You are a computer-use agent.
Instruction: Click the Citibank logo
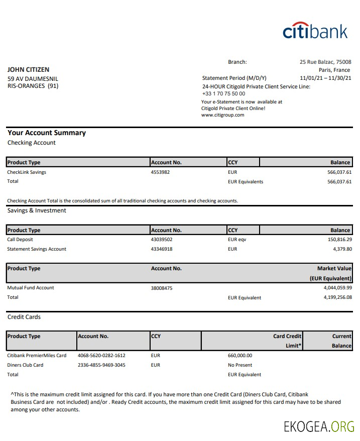click(315, 31)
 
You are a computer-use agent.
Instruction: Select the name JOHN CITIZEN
click(28, 70)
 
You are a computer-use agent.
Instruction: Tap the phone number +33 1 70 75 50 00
click(223, 93)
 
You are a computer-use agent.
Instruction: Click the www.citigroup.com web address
click(222, 115)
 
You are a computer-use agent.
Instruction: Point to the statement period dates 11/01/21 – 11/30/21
click(325, 78)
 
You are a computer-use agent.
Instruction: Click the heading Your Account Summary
click(47, 133)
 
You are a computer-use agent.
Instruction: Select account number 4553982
click(160, 172)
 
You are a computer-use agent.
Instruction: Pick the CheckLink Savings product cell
click(27, 172)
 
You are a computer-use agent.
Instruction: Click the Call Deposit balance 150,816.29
click(339, 240)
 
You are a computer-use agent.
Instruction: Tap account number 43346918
click(162, 249)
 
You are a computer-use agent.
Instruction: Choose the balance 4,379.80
click(342, 249)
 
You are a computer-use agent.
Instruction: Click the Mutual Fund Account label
click(31, 288)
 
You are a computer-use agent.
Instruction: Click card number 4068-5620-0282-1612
click(101, 356)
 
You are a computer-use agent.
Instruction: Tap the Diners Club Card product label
click(25, 365)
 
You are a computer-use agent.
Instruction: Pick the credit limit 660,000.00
click(240, 356)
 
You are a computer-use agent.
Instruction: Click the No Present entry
click(240, 365)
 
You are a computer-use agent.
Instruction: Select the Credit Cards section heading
click(24, 317)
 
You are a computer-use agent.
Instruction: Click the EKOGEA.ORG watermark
click(319, 427)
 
